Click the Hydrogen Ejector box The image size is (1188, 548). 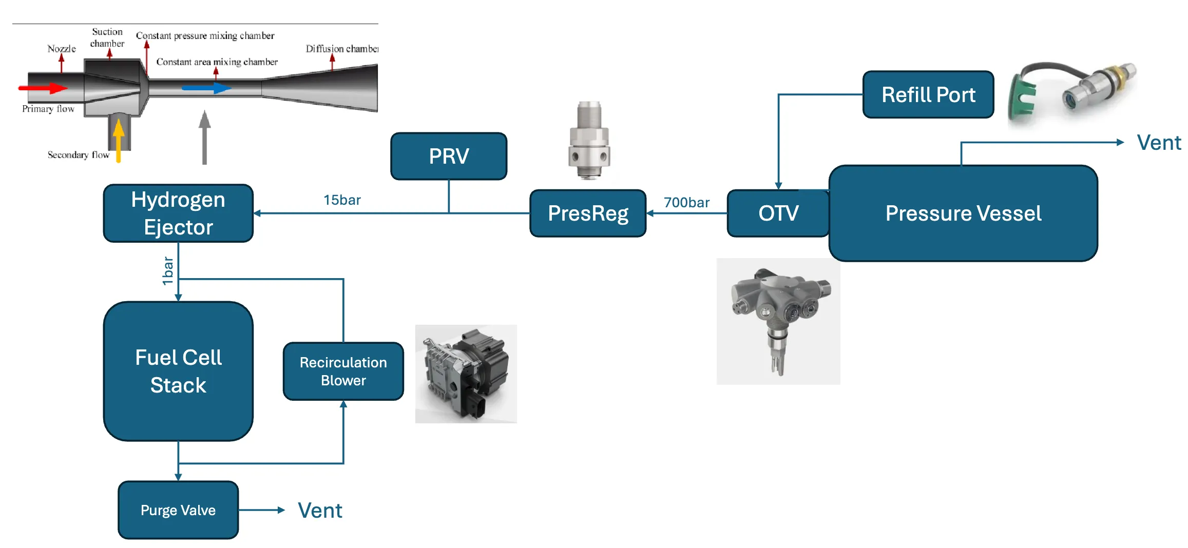coord(178,213)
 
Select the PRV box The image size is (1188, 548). coord(449,156)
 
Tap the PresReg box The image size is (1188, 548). coord(588,213)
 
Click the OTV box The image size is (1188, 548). coord(778,213)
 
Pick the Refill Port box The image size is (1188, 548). coord(928,94)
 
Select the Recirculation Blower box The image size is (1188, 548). coord(343,371)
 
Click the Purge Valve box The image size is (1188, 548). coord(178,510)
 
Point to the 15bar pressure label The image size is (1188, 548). coord(342,200)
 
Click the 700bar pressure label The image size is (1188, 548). coord(686,202)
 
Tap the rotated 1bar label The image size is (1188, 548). coord(167,270)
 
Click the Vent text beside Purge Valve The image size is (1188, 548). coord(320,510)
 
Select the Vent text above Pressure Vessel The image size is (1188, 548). coord(1159,142)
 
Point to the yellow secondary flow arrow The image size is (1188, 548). coord(119,140)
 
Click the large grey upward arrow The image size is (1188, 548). coord(205,137)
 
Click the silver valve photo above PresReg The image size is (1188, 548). coord(589,140)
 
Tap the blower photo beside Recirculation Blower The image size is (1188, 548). coord(466,374)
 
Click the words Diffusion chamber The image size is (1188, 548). coord(341,49)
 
